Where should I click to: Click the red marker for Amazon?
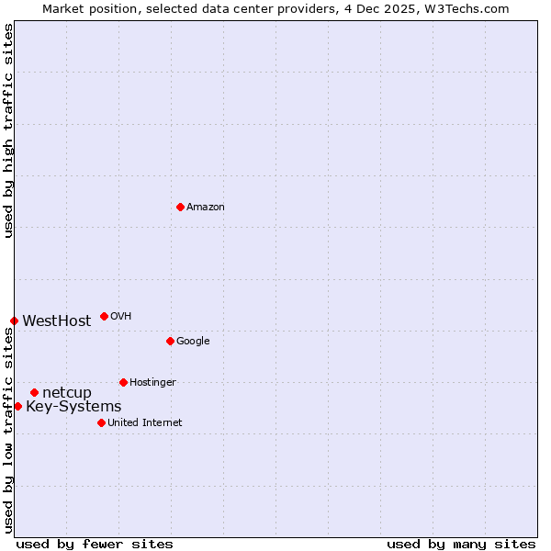[180, 207]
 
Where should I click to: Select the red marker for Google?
[170, 341]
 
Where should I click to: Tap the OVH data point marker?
[104, 316]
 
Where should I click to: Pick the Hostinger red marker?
[123, 382]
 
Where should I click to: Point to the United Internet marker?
[101, 422]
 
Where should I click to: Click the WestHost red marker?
[14, 320]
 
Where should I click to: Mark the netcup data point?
[34, 392]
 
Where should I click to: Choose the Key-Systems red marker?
[17, 406]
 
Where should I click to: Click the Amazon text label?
[206, 208]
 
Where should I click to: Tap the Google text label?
[193, 342]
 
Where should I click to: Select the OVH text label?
[121, 317]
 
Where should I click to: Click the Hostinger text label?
[152, 383]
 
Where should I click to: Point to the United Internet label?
[144, 423]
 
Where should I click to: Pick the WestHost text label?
[57, 321]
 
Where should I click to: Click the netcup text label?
[67, 393]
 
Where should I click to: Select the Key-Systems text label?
[73, 407]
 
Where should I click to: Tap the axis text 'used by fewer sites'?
[95, 545]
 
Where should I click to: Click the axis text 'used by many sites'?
[461, 545]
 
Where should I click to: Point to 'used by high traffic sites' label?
[8, 130]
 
